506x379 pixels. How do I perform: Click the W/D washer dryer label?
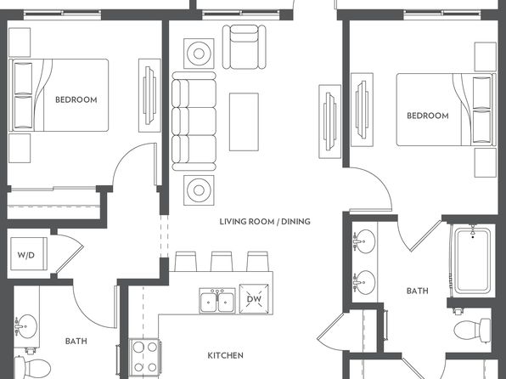pyautogui.click(x=26, y=255)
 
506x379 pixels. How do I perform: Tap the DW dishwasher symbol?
pyautogui.click(x=254, y=299)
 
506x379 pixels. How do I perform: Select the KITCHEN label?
pyautogui.click(x=225, y=355)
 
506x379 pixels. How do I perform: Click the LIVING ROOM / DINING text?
pyautogui.click(x=265, y=222)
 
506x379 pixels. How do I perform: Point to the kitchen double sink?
pyautogui.click(x=217, y=301)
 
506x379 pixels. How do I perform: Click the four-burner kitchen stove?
pyautogui.click(x=145, y=358)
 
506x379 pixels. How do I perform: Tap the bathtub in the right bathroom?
pyautogui.click(x=472, y=260)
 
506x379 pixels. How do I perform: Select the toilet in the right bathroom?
pyautogui.click(x=472, y=331)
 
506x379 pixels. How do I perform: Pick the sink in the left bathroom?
pyautogui.click(x=26, y=326)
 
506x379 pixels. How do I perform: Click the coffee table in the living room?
pyautogui.click(x=244, y=122)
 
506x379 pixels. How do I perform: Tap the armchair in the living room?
pyautogui.click(x=245, y=47)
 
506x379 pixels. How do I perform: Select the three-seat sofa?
pyautogui.click(x=194, y=122)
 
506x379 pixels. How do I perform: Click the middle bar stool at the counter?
pyautogui.click(x=222, y=262)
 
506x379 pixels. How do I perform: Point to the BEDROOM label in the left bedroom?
pyautogui.click(x=76, y=99)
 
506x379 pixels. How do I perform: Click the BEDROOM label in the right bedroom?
pyautogui.click(x=428, y=116)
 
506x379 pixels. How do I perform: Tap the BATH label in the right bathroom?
pyautogui.click(x=418, y=291)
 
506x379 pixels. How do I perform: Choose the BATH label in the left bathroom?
pyautogui.click(x=76, y=342)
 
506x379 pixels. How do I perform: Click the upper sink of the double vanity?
pyautogui.click(x=364, y=240)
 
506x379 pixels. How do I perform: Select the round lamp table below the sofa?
pyautogui.click(x=199, y=190)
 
